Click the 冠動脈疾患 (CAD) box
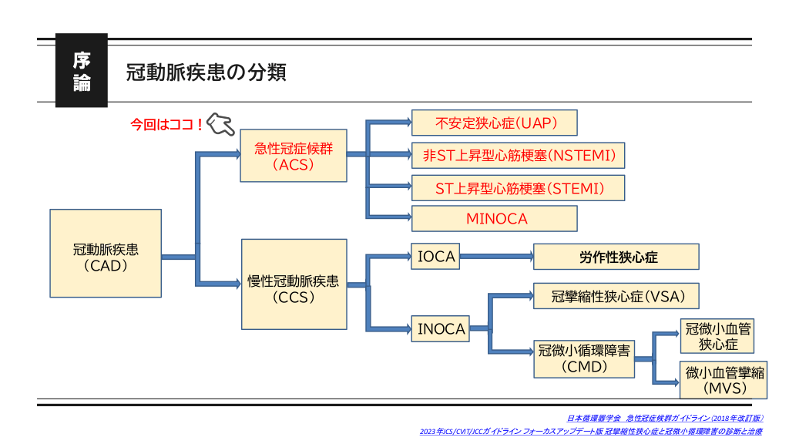point(106,254)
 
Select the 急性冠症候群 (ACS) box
point(294,155)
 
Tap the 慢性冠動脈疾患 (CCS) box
point(294,284)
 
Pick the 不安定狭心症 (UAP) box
point(494,123)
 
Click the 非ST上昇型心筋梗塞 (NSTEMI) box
point(518,155)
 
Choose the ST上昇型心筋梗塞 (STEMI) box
point(518,187)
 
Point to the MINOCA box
point(494,219)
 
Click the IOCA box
point(436,257)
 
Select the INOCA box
point(441,329)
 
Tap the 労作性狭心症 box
point(616,257)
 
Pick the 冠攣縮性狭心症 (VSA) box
point(616,296)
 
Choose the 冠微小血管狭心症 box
point(717,336)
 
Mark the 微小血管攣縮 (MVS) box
point(724,379)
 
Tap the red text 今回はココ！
point(166,123)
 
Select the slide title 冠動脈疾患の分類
point(206,72)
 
